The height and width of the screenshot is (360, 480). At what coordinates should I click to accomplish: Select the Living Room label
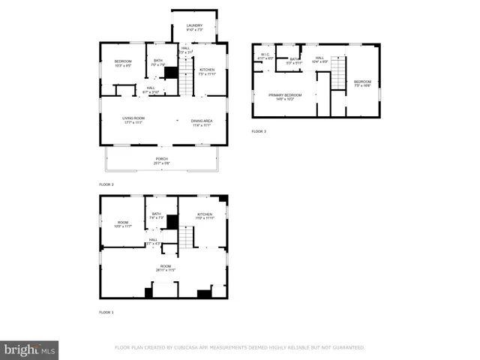tap(133, 120)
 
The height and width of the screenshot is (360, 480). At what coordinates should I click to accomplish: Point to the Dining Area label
tap(201, 123)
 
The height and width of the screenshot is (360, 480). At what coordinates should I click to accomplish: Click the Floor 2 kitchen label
tap(206, 71)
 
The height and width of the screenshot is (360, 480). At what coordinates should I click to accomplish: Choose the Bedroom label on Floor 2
tap(122, 63)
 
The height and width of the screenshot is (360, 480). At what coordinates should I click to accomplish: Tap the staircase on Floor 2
tap(186, 77)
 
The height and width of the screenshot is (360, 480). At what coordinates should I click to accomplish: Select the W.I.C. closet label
tap(265, 55)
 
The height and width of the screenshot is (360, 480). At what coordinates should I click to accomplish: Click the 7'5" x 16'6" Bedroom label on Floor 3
tap(362, 83)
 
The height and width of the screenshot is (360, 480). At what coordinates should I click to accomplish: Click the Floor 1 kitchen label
tap(205, 216)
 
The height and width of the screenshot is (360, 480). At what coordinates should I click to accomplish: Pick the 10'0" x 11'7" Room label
tap(122, 223)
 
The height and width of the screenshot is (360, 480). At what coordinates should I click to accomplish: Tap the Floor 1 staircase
tap(186, 238)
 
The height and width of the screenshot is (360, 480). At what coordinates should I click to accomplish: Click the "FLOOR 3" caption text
tap(258, 131)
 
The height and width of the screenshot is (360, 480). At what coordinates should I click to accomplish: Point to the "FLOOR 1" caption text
tap(106, 312)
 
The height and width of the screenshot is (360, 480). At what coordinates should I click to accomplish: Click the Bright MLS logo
tap(29, 350)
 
